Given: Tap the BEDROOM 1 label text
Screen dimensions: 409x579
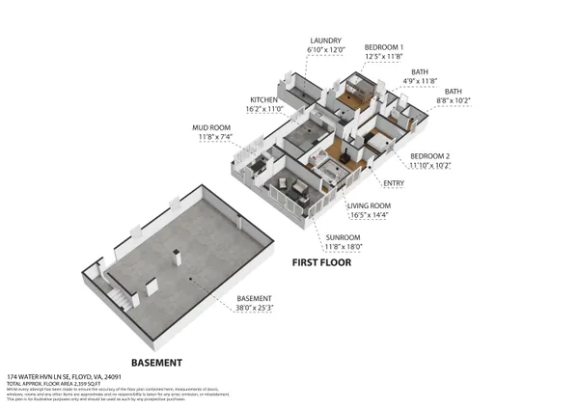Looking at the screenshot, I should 383,46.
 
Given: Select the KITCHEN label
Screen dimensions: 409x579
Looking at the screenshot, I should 264,99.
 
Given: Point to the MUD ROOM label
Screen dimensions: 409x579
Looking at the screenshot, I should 216,126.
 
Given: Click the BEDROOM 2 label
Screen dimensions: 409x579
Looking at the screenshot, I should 430,155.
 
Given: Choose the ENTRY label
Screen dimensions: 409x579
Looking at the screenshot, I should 394,182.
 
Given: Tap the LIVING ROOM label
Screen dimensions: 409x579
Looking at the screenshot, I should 369,205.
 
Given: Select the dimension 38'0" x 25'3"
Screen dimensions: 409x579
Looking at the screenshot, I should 255,308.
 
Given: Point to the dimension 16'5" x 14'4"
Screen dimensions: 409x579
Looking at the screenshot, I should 369,215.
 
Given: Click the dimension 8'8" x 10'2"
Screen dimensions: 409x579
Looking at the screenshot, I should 453,99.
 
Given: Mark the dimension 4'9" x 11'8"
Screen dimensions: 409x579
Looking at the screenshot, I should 419,81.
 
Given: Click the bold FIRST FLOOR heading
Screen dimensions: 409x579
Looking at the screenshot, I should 322,261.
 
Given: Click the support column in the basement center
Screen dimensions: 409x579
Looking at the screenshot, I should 178,257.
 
